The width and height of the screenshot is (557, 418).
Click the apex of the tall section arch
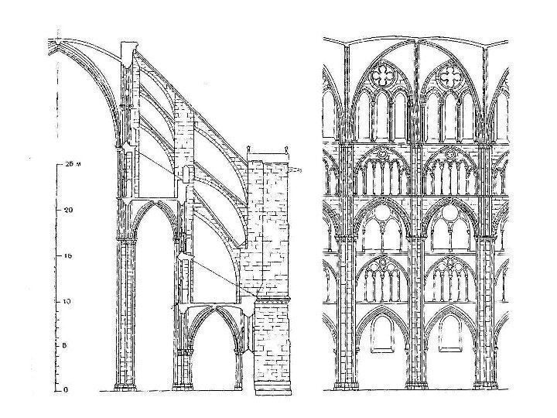(x=149, y=203)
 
